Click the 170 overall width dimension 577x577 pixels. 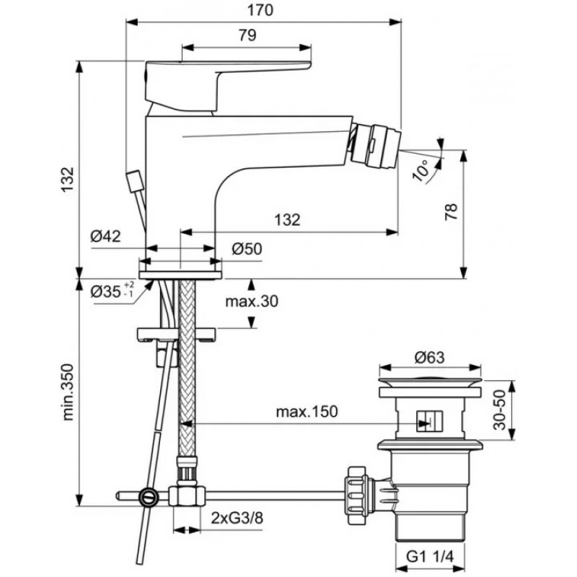(x=260, y=10)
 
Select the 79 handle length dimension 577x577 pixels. (x=247, y=35)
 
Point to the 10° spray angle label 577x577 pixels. (x=420, y=171)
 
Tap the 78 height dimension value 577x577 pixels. (x=452, y=211)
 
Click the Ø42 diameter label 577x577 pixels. (x=105, y=236)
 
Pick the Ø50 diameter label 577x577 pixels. (x=247, y=249)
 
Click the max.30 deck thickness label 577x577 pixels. (x=252, y=301)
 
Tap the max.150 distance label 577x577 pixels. (x=307, y=412)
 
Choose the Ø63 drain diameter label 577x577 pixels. (x=429, y=357)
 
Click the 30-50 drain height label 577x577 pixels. (x=499, y=410)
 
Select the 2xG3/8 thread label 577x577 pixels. (x=237, y=519)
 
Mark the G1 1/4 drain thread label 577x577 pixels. (x=430, y=557)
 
